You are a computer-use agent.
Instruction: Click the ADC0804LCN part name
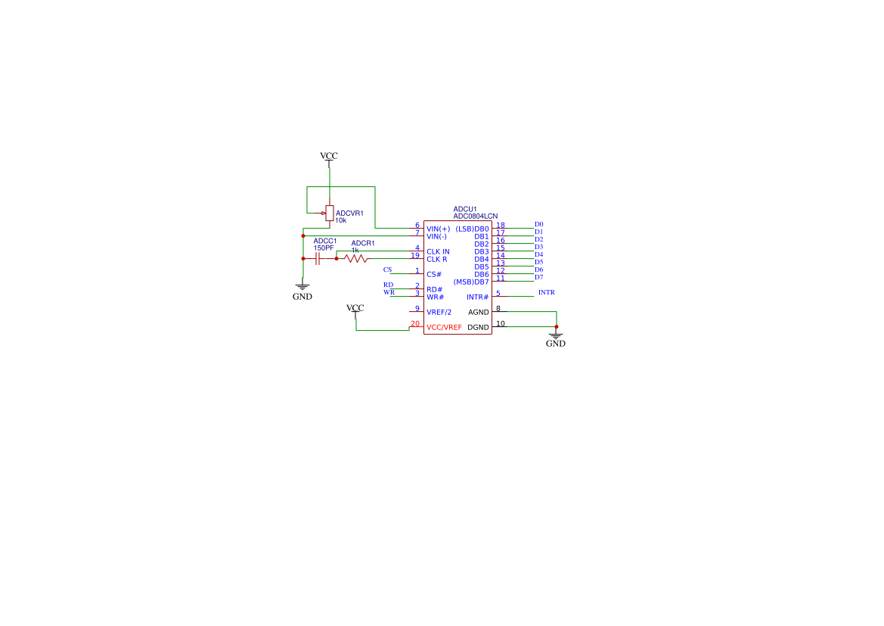tap(475, 216)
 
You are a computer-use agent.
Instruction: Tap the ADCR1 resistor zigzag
tap(355, 259)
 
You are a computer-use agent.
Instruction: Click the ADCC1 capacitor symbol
tap(318, 259)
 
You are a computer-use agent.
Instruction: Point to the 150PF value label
tap(324, 248)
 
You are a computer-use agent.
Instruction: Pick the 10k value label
tap(340, 220)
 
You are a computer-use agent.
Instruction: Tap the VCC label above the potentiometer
tap(329, 156)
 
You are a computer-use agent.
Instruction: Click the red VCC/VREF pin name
tap(444, 327)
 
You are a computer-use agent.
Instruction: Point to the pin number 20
tap(414, 323)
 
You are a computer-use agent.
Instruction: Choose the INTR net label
tap(546, 292)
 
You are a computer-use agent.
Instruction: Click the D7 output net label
tap(538, 277)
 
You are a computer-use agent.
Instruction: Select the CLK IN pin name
tap(438, 251)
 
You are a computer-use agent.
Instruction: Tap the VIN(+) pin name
tap(438, 229)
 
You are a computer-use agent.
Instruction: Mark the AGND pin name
tap(479, 312)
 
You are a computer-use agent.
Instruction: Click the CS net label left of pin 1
tap(387, 269)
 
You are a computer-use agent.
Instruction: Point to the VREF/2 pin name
tap(439, 312)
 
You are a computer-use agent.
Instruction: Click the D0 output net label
tap(538, 224)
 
